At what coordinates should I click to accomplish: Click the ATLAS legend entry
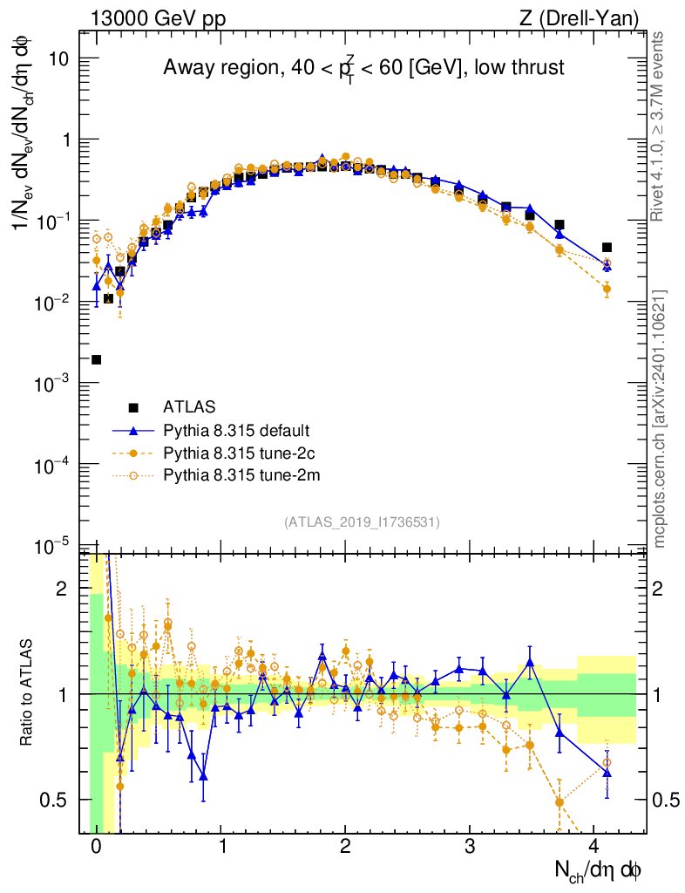coord(189,407)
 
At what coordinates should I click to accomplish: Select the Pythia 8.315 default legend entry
coord(236,431)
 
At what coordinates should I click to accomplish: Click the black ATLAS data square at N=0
coord(97,359)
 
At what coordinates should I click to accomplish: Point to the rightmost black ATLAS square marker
coord(607,248)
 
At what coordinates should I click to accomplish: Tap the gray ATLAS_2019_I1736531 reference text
coord(362,521)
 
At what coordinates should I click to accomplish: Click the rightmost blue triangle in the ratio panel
coord(607,773)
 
